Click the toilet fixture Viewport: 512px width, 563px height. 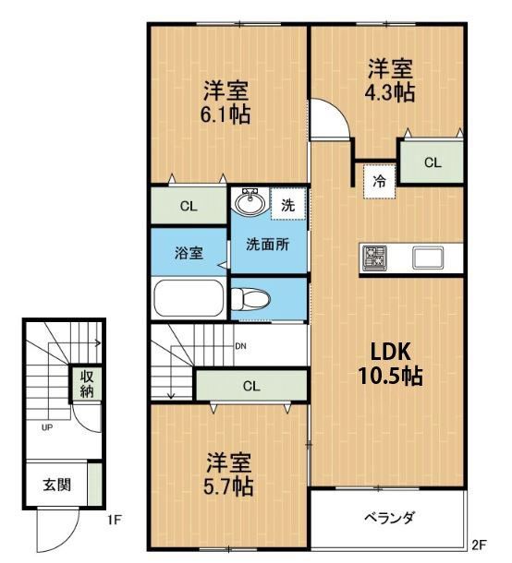[x=250, y=299]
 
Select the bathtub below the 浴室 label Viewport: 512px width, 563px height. [x=188, y=298]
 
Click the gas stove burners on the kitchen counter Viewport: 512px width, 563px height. [x=374, y=258]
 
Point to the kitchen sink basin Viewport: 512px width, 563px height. [x=428, y=258]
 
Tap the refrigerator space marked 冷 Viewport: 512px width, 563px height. [x=379, y=182]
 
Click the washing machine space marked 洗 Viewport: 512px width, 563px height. [x=288, y=204]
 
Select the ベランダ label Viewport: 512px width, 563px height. [x=389, y=518]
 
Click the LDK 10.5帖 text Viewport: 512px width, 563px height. [x=391, y=364]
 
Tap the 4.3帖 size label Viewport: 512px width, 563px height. [x=390, y=93]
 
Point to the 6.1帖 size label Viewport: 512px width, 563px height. [x=226, y=114]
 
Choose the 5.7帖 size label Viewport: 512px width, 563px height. [x=228, y=486]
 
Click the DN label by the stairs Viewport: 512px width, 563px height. [x=240, y=346]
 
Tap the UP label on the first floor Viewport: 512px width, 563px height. [x=47, y=427]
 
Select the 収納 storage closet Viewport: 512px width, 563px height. [x=86, y=383]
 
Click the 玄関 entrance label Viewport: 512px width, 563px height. [x=56, y=485]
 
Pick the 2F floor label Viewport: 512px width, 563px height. [x=479, y=545]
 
